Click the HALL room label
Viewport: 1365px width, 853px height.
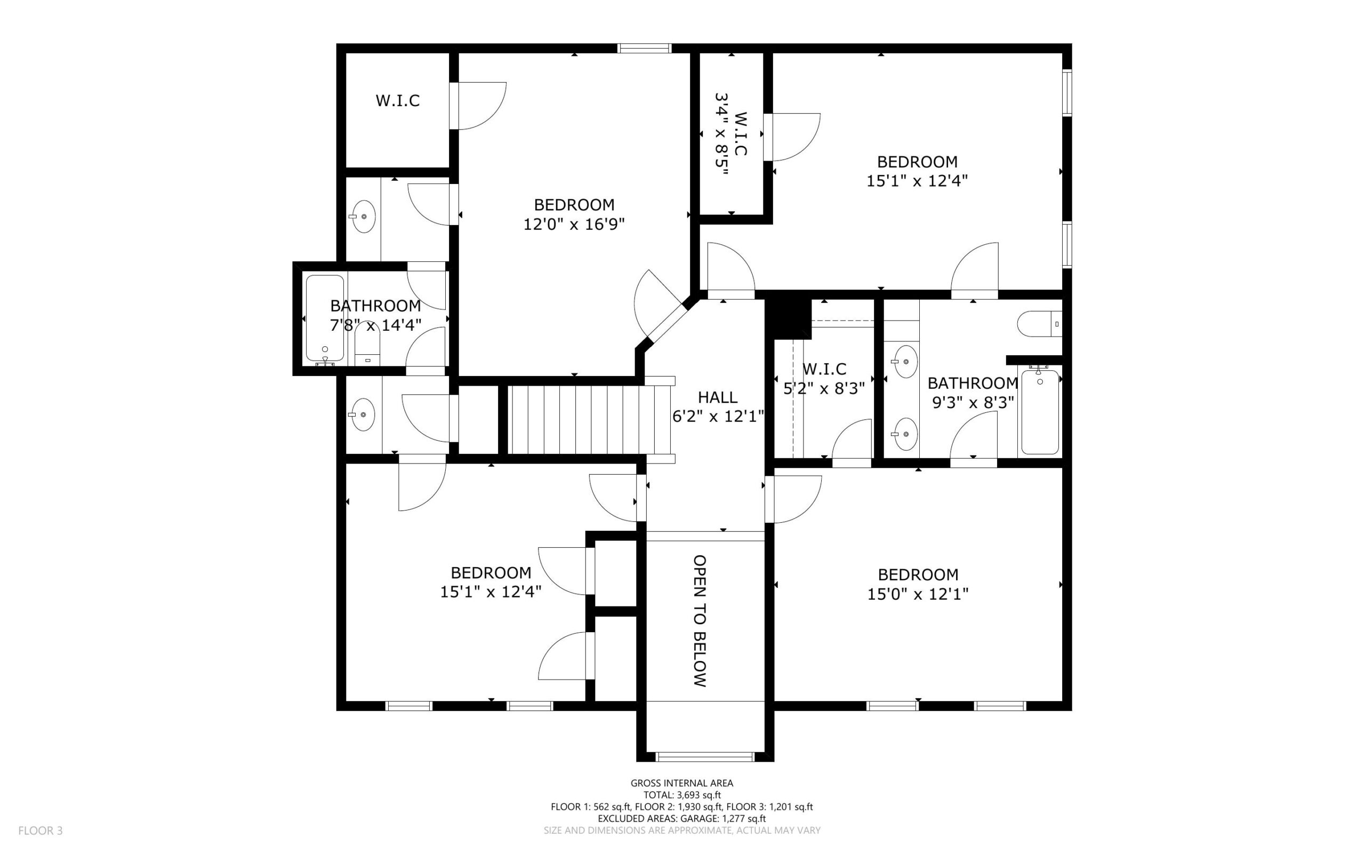pos(718,397)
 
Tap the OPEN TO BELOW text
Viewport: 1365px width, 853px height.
pos(700,620)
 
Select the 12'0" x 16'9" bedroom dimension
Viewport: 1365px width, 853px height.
pos(574,225)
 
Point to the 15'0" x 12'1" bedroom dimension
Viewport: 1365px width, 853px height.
pos(918,594)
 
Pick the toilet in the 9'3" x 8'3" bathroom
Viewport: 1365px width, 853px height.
pos(1039,324)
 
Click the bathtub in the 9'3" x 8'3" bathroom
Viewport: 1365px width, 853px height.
pos(1040,412)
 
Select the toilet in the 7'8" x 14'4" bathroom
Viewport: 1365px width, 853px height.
pos(367,344)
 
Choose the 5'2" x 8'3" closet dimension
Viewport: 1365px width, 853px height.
pos(824,389)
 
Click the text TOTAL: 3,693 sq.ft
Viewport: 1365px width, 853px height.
pos(682,795)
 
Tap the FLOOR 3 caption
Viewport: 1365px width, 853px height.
pos(41,831)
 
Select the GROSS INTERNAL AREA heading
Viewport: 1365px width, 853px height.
pos(681,783)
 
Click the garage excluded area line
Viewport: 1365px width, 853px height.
pos(681,818)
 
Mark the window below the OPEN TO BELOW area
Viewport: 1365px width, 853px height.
pos(705,756)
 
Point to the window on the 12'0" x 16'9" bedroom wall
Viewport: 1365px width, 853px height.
pos(645,49)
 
